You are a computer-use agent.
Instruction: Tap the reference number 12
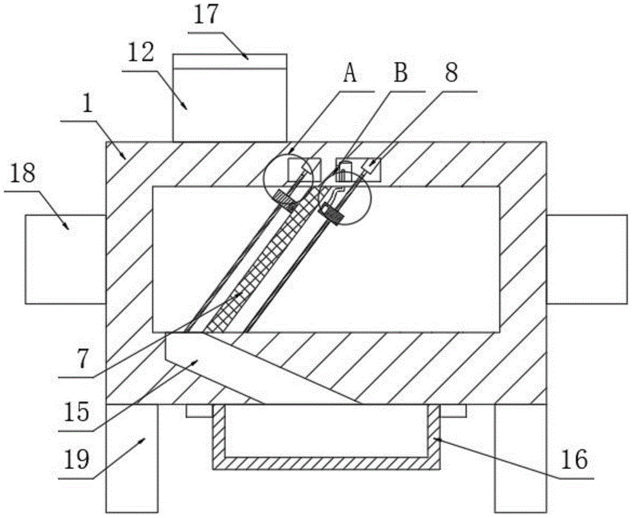point(141,53)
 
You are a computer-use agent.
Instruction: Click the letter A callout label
point(350,73)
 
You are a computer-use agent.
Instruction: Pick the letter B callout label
point(401,73)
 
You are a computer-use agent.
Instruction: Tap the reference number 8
point(451,73)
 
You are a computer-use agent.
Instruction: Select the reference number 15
point(76,412)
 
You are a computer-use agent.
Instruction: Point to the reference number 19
point(76,460)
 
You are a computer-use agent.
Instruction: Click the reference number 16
point(575,460)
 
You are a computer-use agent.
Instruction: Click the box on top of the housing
point(230,97)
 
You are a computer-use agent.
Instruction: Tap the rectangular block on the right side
point(587,259)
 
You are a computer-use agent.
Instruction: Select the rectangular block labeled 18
point(65,259)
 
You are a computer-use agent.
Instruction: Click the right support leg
point(520,459)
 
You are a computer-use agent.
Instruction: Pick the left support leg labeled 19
point(131,459)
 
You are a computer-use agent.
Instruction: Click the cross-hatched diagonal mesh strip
point(264,260)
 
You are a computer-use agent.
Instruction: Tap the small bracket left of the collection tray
point(199,410)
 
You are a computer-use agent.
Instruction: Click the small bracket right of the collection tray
point(453,410)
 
